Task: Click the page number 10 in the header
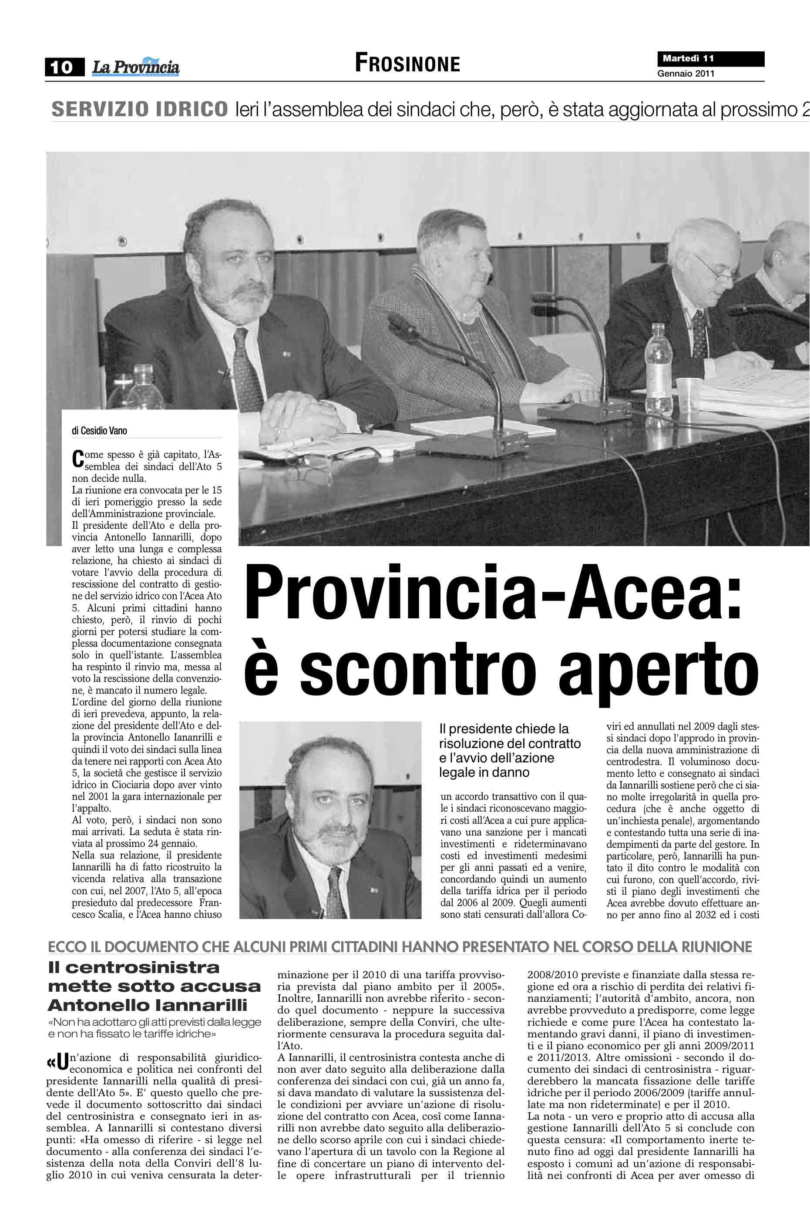pyautogui.click(x=63, y=67)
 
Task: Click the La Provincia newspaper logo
pyautogui.click(x=136, y=67)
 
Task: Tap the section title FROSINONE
pyautogui.click(x=407, y=64)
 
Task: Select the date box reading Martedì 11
pyautogui.click(x=710, y=59)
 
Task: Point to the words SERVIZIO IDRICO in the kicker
pyautogui.click(x=139, y=110)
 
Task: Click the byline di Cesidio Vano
pyautogui.click(x=99, y=431)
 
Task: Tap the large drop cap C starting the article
pyautogui.click(x=77, y=459)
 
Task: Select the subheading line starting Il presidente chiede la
pyautogui.click(x=504, y=729)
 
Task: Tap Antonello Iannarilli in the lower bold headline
pyautogui.click(x=148, y=1005)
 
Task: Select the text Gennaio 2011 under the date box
pyautogui.click(x=686, y=74)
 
